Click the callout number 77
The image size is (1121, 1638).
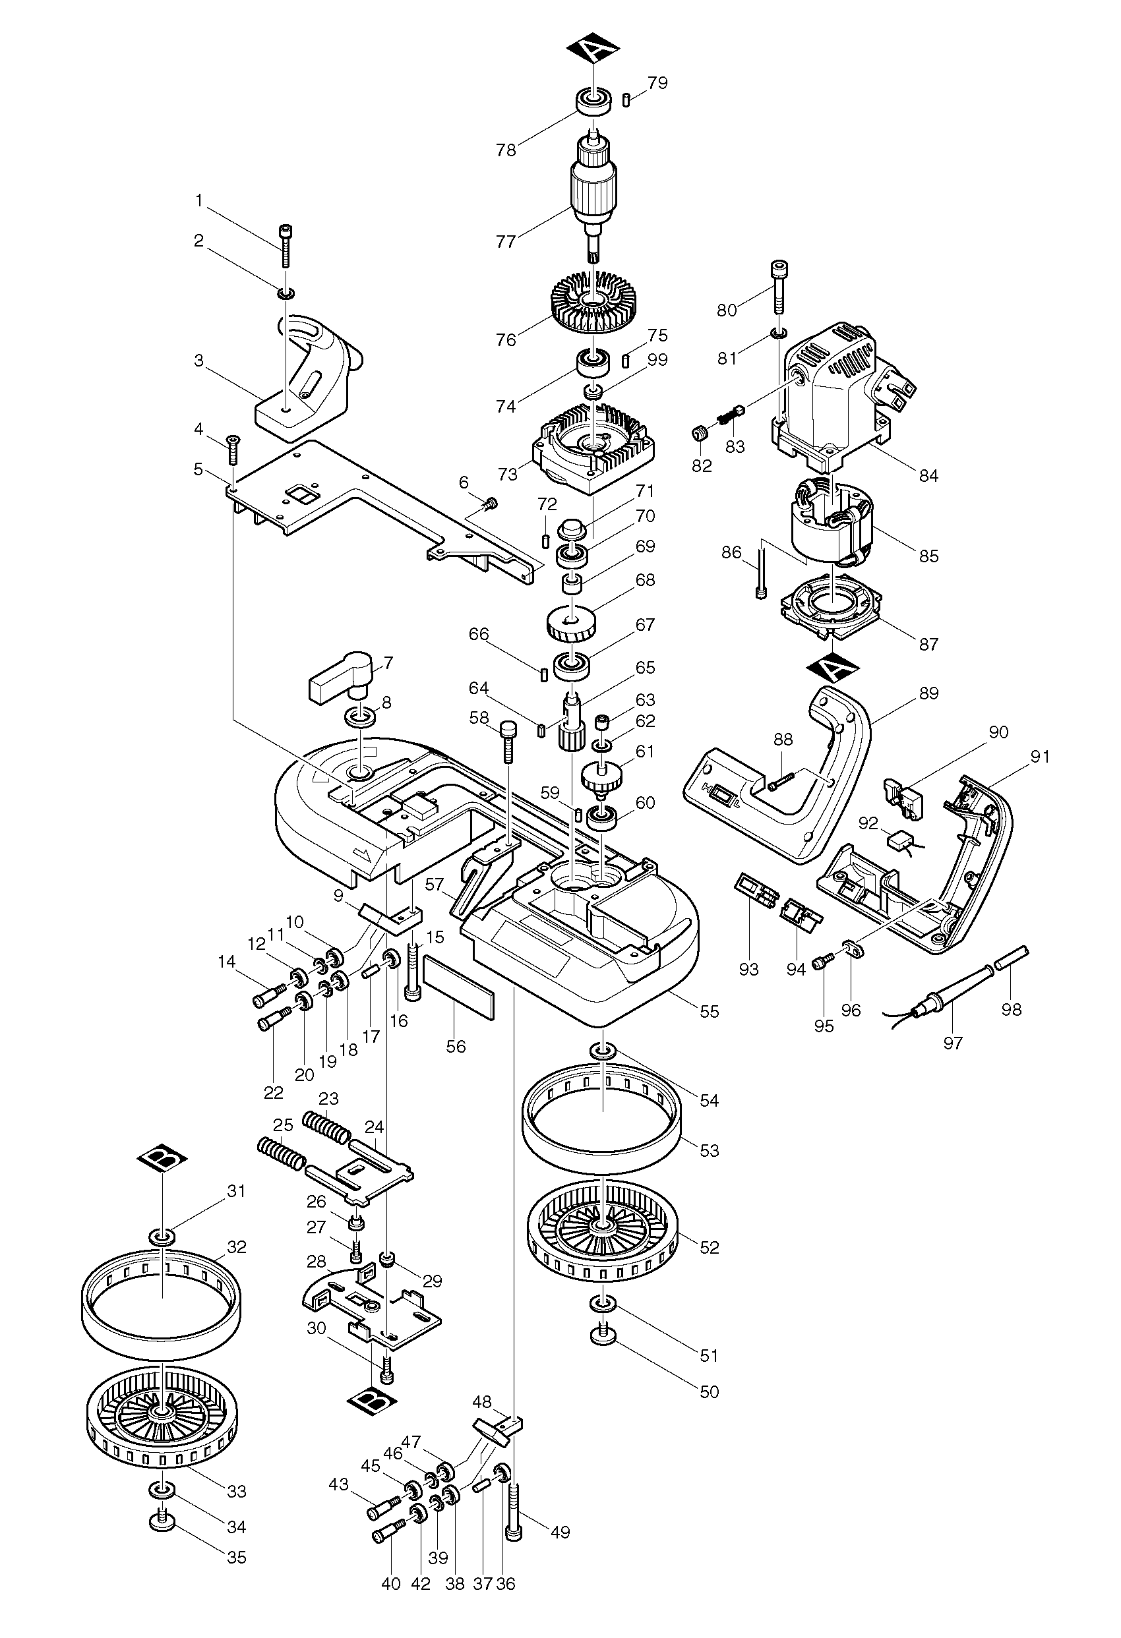tap(506, 241)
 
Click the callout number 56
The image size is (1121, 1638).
tap(456, 1046)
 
